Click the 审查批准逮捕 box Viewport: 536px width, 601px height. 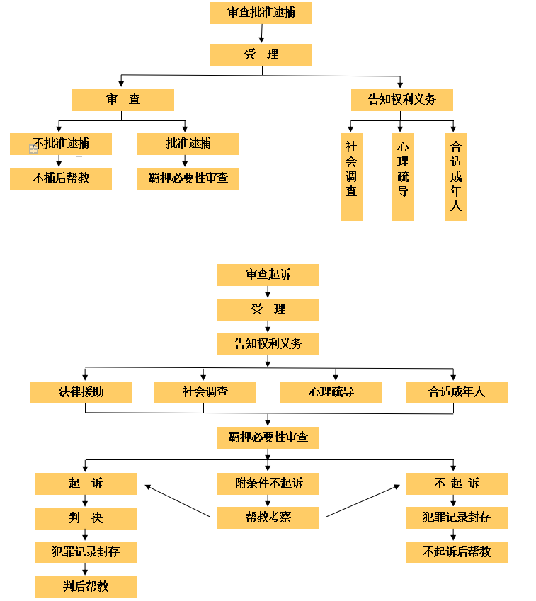point(261,13)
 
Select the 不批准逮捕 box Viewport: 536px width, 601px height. point(61,143)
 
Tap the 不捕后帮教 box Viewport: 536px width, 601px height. point(61,178)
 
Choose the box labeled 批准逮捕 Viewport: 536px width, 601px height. point(188,143)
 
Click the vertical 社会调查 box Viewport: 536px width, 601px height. point(351,176)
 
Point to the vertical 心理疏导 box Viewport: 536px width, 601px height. point(403,176)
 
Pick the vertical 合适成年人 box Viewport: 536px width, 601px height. point(456,176)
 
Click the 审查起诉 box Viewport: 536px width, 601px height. point(268,275)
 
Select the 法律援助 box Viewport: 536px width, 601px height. point(81,392)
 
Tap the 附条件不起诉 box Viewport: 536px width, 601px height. point(268,483)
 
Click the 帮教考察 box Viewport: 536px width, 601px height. point(268,517)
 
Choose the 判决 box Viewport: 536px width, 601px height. point(86,518)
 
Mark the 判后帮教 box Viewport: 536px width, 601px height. point(86,587)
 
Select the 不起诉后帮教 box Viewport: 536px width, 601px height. point(457,552)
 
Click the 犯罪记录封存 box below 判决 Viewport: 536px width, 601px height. point(86,552)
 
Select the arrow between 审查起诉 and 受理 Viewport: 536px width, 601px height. point(268,292)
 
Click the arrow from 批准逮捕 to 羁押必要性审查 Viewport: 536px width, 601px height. point(185,161)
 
